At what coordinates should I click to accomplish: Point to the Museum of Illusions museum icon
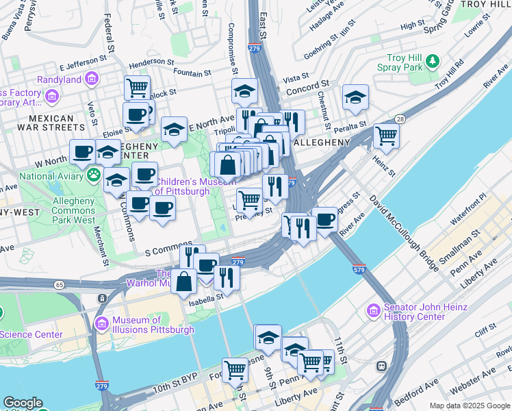(x=101, y=323)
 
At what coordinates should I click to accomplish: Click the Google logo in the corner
(x=23, y=403)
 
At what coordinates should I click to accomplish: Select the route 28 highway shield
(x=398, y=119)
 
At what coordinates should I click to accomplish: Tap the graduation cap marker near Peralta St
(x=355, y=97)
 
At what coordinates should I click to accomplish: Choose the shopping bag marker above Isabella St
(x=184, y=281)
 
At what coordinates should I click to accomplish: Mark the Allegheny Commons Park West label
(x=75, y=211)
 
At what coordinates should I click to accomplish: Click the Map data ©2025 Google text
(x=470, y=406)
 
